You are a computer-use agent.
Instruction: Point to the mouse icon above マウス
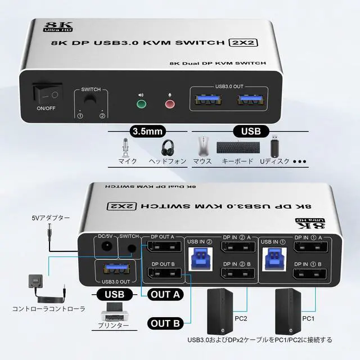202,147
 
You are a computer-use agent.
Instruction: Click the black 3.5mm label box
147,132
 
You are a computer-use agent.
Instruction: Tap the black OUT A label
165,294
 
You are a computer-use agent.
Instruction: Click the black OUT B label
165,323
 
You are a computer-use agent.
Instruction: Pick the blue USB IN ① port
272,256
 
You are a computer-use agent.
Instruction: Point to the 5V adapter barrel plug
52,232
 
